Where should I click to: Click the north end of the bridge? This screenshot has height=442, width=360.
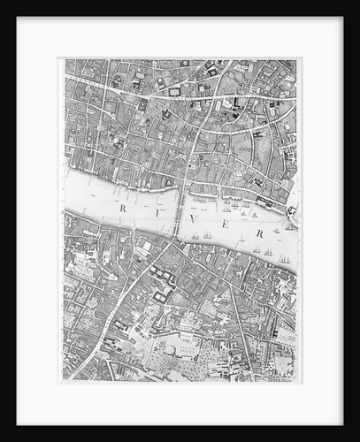[183, 193]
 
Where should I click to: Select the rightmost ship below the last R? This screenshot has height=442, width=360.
[285, 260]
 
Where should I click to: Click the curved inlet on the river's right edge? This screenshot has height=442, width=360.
[291, 210]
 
